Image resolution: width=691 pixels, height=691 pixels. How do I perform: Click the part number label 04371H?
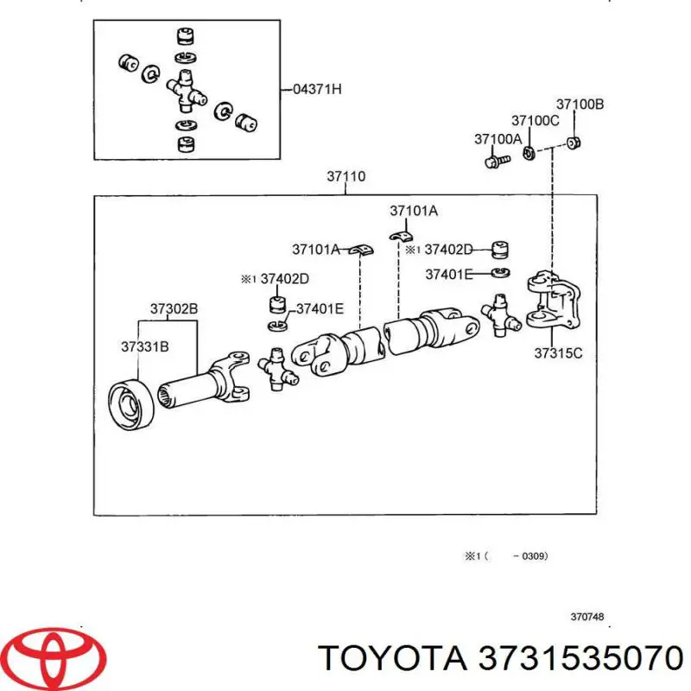[317, 89]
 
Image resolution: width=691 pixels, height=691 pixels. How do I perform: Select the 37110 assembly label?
[345, 177]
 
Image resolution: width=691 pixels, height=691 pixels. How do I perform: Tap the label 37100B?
[580, 105]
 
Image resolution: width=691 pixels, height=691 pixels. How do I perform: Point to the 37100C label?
[536, 120]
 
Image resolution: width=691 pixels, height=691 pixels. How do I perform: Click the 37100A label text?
[498, 138]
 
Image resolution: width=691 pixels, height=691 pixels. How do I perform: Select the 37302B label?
[174, 308]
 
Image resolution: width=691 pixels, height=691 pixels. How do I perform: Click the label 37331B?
[144, 346]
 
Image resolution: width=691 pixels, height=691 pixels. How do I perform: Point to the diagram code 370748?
[586, 618]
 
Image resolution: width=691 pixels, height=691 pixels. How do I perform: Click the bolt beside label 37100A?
[493, 161]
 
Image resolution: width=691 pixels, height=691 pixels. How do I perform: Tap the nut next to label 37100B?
[574, 143]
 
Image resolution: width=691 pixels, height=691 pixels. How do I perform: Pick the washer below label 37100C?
[528, 155]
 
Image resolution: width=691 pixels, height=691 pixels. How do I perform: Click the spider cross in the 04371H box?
[186, 89]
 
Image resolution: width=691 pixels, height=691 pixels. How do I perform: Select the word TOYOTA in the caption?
[388, 659]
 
